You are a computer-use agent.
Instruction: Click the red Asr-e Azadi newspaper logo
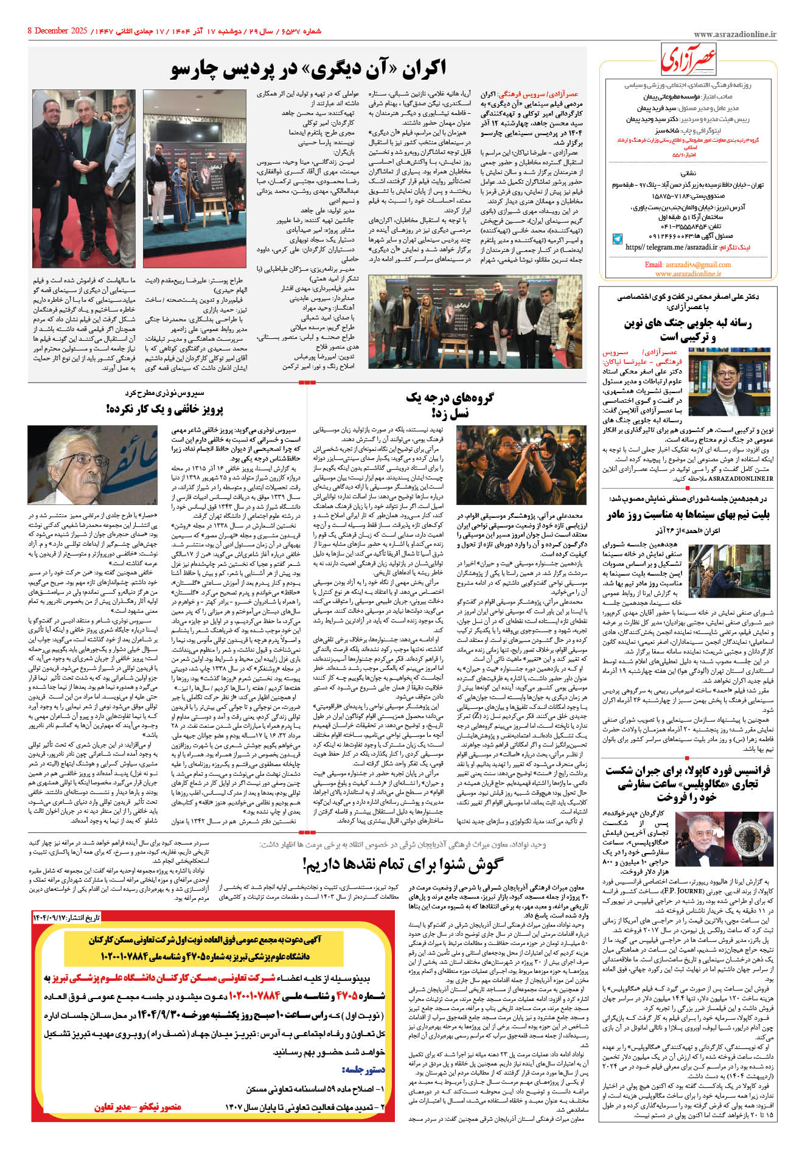pyautogui.click(x=689, y=60)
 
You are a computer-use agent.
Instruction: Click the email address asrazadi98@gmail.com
pyautogui.click(x=688, y=265)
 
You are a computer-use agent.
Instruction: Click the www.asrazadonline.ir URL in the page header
pyautogui.click(x=734, y=35)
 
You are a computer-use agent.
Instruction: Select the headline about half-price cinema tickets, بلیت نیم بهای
pyautogui.click(x=688, y=515)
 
